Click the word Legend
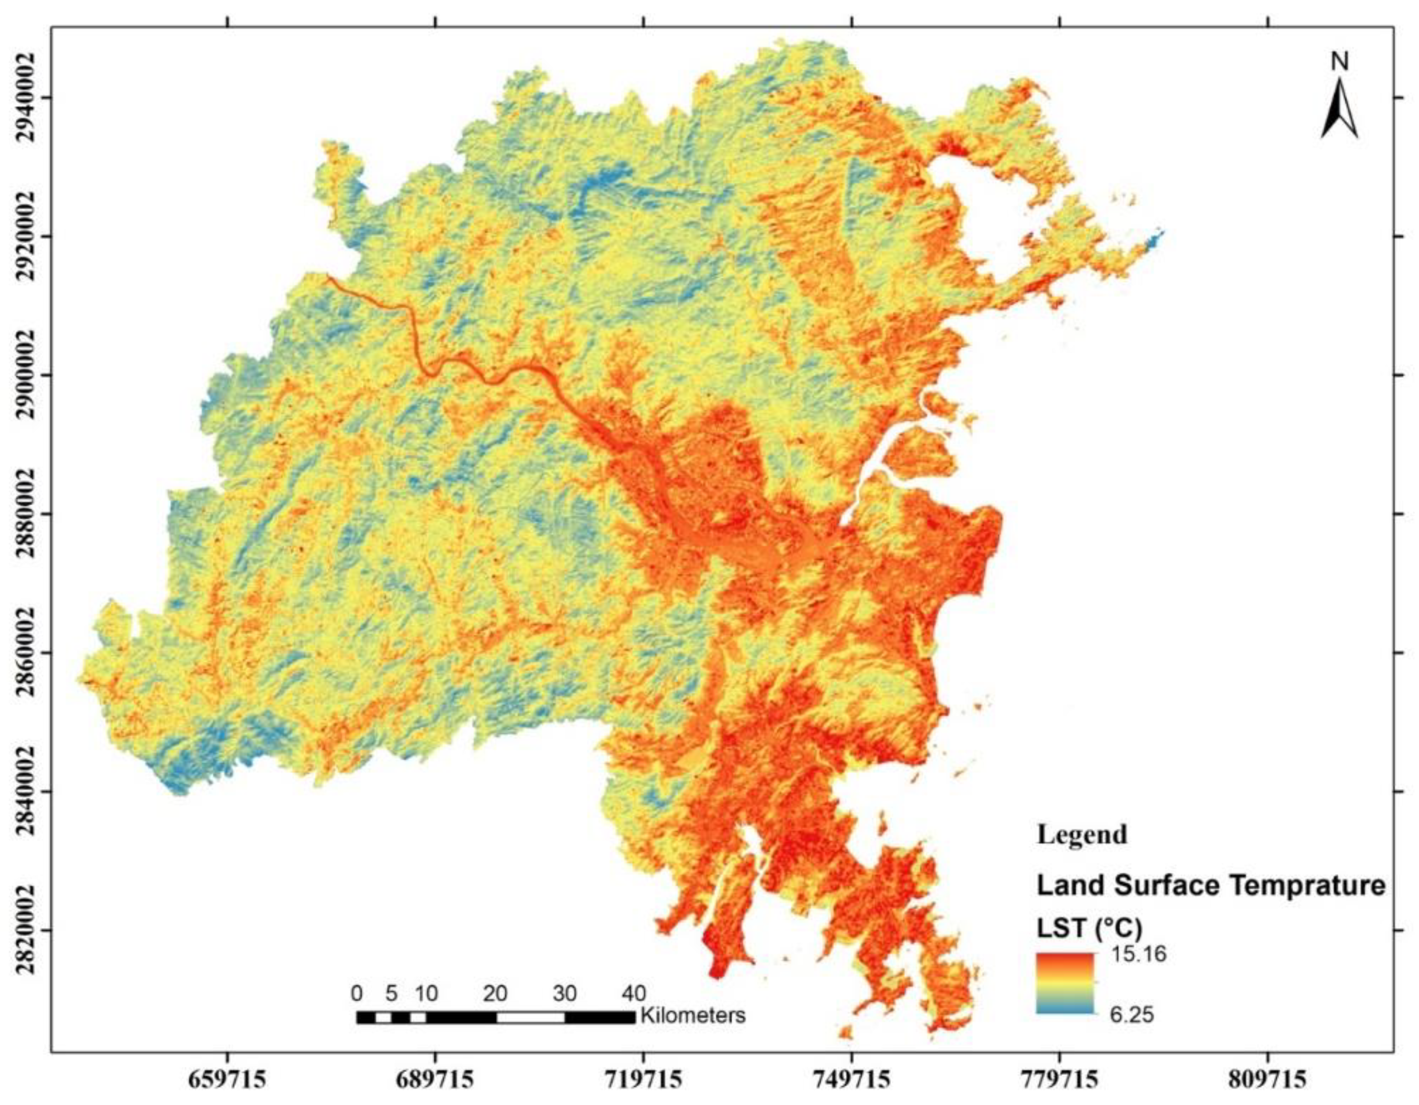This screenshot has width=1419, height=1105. (1081, 834)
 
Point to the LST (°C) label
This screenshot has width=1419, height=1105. (1089, 928)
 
